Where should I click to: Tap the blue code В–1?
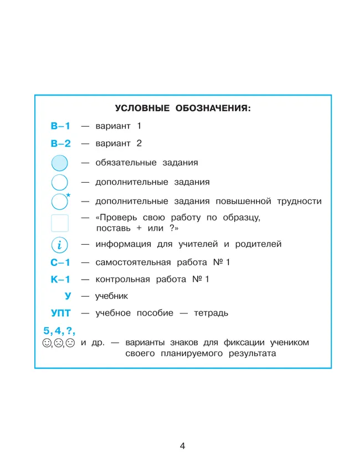[x=60, y=126]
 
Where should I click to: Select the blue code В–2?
[x=60, y=143]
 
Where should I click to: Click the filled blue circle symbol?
[x=59, y=163]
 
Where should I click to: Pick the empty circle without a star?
[x=59, y=182]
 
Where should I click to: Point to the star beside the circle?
[x=68, y=195]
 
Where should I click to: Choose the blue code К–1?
[x=60, y=280]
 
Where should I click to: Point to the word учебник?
[x=111, y=297]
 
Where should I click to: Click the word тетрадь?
[x=211, y=314]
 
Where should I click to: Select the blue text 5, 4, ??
[x=59, y=331]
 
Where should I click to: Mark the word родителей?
[x=257, y=244]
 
